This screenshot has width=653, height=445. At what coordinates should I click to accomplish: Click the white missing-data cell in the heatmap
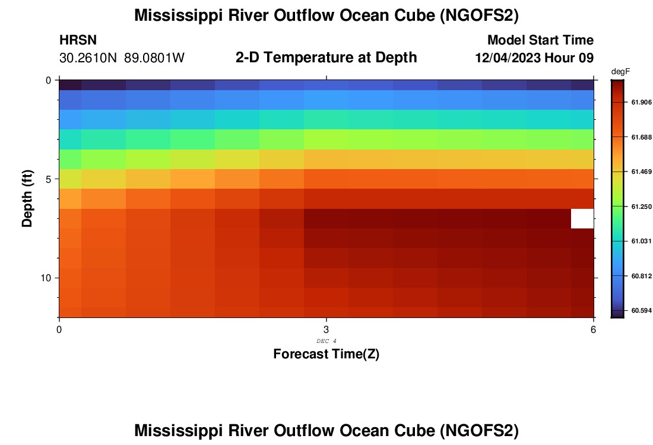582,218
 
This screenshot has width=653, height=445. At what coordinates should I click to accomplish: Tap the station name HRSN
78,40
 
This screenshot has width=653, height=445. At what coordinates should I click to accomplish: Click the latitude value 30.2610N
88,58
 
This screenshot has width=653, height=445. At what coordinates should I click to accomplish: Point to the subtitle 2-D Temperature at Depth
326,58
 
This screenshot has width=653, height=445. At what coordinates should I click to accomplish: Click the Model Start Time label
540,40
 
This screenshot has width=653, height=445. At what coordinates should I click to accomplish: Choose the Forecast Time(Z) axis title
326,354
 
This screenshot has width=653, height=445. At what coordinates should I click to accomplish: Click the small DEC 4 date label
326,341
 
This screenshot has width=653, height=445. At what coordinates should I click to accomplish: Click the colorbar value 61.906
642,103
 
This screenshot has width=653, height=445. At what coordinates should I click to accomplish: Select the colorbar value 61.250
642,206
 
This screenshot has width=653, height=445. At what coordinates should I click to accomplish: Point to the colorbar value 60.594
642,310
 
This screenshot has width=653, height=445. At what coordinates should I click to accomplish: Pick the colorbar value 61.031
642,241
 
